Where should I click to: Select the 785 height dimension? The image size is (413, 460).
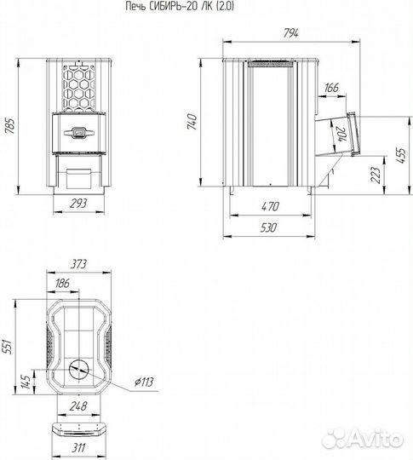10,126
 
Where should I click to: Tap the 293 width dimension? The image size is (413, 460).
78,204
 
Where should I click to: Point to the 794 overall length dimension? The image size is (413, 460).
290,33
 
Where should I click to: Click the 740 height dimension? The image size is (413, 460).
192,122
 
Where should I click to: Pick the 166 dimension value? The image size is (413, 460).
332,88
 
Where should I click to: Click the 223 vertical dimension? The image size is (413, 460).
376,175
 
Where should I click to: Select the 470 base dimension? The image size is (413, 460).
270,206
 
